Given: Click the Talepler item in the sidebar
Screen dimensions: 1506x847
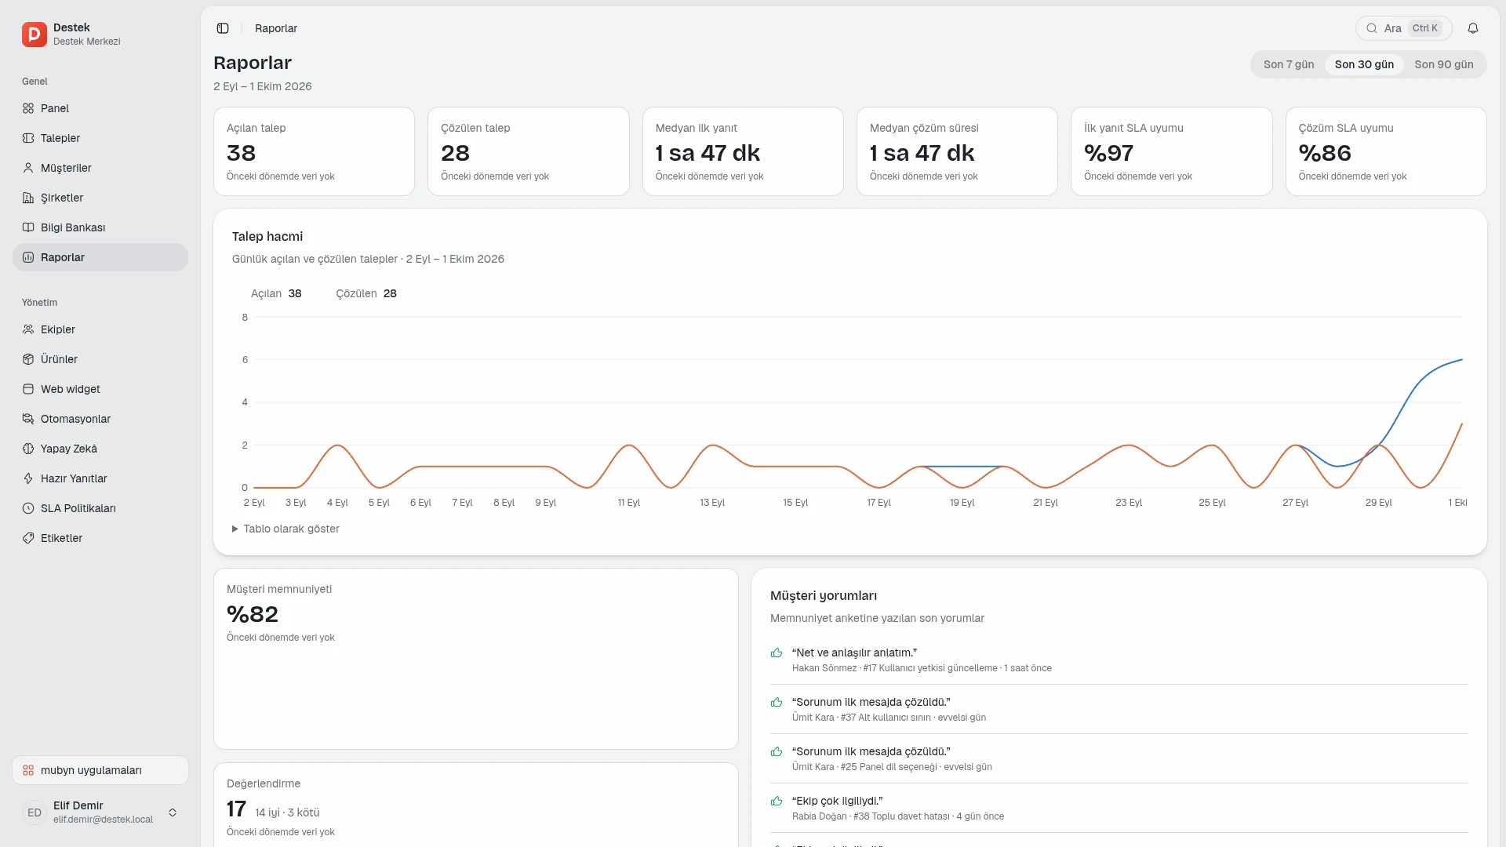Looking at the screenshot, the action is pyautogui.click(x=60, y=138).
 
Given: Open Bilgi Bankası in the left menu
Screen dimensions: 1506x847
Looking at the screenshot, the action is pyautogui.click(x=73, y=227).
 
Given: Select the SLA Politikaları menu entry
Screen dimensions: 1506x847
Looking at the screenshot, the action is pyautogui.click(x=78, y=508).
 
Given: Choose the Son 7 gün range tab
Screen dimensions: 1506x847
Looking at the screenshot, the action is pyautogui.click(x=1289, y=64).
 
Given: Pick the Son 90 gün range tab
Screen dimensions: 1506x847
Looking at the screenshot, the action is pyautogui.click(x=1444, y=64).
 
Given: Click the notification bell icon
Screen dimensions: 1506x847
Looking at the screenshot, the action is pyautogui.click(x=1473, y=28).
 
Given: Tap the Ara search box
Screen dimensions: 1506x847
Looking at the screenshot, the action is pyautogui.click(x=1403, y=28).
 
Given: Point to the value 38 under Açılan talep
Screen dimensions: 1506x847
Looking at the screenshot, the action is pyautogui.click(x=242, y=153).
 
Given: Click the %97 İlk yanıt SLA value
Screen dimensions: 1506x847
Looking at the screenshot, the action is pyautogui.click(x=1108, y=153).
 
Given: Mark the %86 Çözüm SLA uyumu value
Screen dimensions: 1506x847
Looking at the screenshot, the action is pyautogui.click(x=1325, y=153).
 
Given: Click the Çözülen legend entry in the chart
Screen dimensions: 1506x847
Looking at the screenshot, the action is pyautogui.click(x=366, y=293).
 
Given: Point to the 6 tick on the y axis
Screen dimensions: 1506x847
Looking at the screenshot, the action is pyautogui.click(x=245, y=360).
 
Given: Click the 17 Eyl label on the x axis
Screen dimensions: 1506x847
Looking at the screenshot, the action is pyautogui.click(x=878, y=503).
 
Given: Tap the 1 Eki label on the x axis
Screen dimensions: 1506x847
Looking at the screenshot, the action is pyautogui.click(x=1457, y=503).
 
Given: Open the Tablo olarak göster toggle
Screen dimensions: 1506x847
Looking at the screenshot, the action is pyautogui.click(x=286, y=529).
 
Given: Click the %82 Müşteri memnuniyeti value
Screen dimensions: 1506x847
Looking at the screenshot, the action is pyautogui.click(x=253, y=614).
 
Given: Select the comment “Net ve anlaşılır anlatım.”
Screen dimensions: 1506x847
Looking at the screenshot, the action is pyautogui.click(x=854, y=653).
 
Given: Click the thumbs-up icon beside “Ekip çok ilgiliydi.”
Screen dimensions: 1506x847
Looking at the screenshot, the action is pyautogui.click(x=777, y=801).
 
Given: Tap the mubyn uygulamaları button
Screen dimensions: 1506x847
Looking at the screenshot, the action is pyautogui.click(x=100, y=770).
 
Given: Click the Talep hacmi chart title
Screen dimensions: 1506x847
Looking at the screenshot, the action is pyautogui.click(x=267, y=236).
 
